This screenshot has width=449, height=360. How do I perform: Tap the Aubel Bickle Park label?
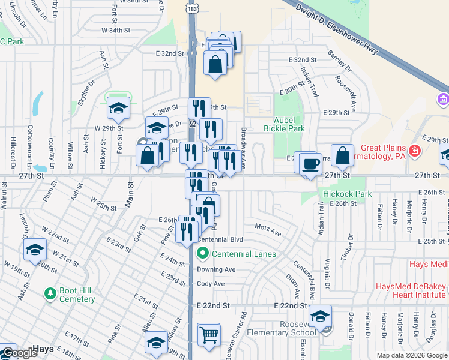click(x=285, y=124)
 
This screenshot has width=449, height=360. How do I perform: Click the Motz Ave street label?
click(x=268, y=230)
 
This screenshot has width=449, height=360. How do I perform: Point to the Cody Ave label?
click(x=211, y=284)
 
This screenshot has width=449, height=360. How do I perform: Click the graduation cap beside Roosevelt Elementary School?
click(x=321, y=316)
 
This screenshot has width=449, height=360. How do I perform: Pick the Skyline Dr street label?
click(x=85, y=94)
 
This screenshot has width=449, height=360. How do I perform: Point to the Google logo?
click(x=19, y=353)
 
